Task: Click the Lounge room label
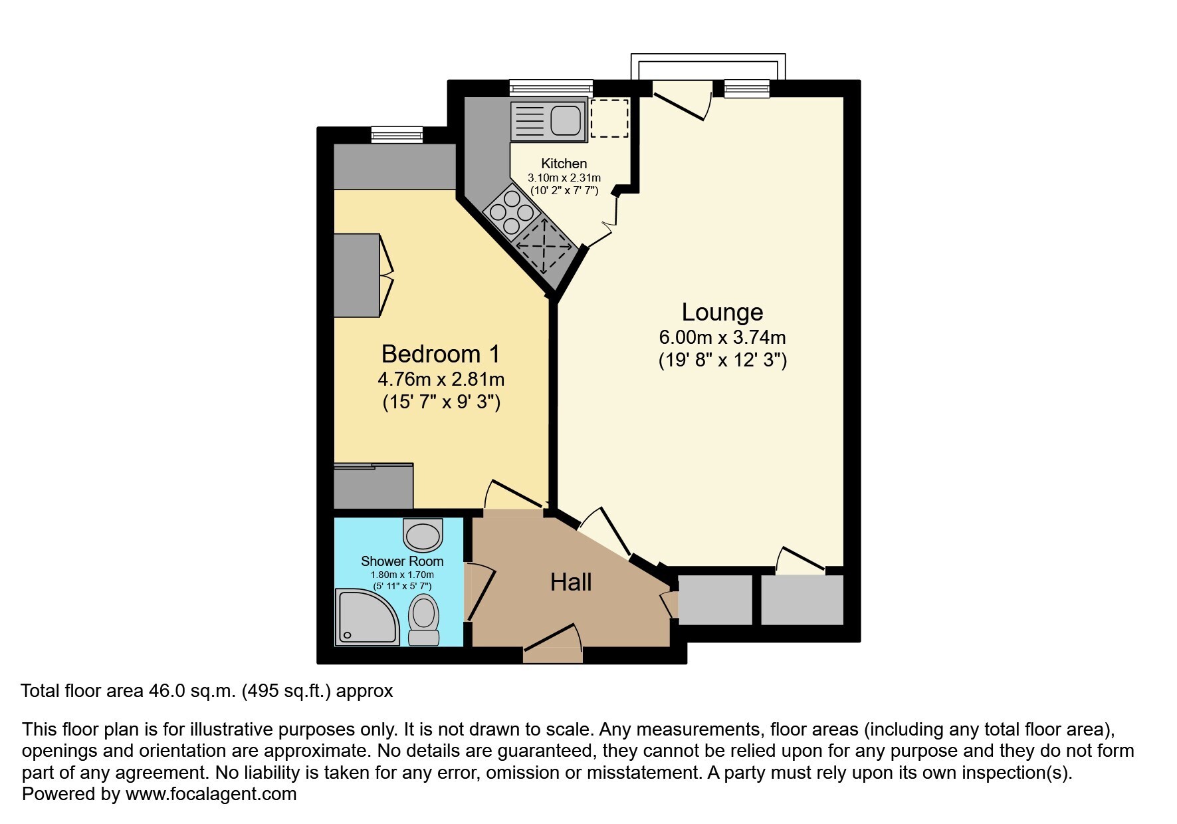722,312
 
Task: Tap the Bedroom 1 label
441,354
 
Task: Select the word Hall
571,583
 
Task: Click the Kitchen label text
564,164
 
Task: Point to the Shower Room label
402,561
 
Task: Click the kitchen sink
549,121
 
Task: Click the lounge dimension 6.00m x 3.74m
722,338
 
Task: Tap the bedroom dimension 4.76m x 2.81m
441,380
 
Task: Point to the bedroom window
397,134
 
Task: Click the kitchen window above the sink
551,88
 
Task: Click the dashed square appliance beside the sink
609,118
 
